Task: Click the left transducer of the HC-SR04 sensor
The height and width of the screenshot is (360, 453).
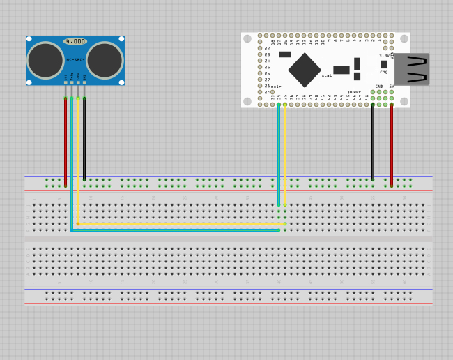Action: click(x=46, y=60)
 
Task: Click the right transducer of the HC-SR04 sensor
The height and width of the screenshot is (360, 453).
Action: click(x=105, y=60)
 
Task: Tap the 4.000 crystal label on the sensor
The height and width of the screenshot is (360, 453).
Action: click(x=75, y=42)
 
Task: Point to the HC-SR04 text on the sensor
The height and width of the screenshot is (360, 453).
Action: click(x=75, y=60)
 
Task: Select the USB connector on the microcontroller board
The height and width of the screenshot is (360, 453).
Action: click(x=412, y=69)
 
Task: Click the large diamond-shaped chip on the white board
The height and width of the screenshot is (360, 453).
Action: click(x=305, y=70)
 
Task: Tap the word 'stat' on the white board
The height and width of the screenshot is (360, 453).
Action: click(x=327, y=75)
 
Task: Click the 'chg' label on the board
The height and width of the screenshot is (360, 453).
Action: click(x=383, y=72)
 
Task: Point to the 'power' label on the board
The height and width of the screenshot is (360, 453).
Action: click(x=355, y=91)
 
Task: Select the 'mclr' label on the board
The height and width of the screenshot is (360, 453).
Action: click(x=276, y=86)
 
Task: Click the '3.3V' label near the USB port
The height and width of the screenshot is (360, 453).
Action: click(x=385, y=56)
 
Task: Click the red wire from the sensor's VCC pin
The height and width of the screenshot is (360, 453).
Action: click(x=66, y=140)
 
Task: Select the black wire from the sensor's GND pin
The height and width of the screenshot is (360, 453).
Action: click(x=84, y=140)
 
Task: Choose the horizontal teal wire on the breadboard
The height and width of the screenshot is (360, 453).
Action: click(x=174, y=230)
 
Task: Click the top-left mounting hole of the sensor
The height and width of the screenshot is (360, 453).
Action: click(x=29, y=39)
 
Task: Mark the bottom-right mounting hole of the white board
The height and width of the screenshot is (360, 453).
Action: click(x=404, y=101)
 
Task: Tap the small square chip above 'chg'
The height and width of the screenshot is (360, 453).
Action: click(x=383, y=64)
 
